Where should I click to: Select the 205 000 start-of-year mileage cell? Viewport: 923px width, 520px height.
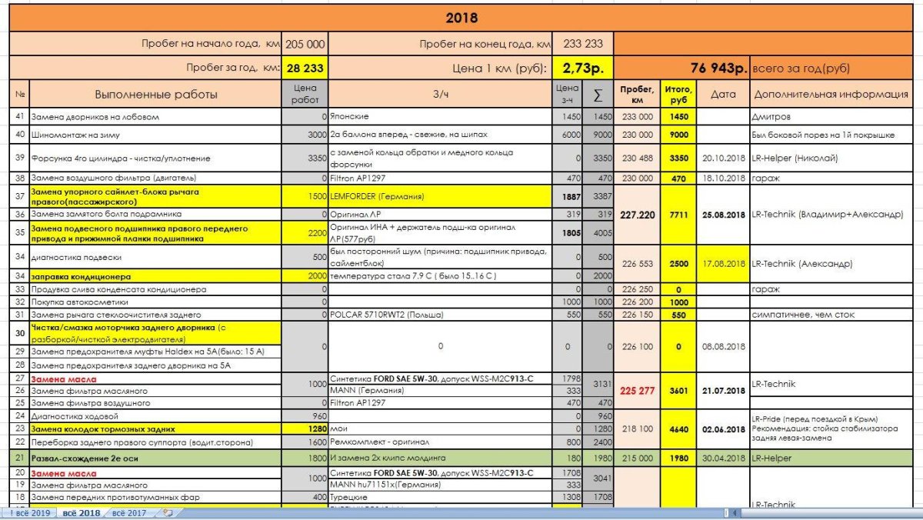pyautogui.click(x=305, y=45)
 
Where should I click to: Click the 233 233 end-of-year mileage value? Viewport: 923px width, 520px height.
pyautogui.click(x=583, y=45)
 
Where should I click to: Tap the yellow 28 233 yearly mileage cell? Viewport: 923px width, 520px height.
pyautogui.click(x=305, y=68)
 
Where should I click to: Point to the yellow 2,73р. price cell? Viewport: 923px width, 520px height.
pyautogui.click(x=582, y=68)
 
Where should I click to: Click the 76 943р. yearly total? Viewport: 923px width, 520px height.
pyautogui.click(x=718, y=68)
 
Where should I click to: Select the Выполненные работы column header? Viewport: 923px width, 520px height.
pyautogui.click(x=156, y=95)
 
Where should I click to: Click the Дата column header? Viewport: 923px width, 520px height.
pyautogui.click(x=723, y=95)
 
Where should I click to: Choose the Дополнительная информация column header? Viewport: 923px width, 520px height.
pyautogui.click(x=831, y=95)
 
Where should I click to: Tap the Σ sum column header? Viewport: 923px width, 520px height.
pyautogui.click(x=598, y=95)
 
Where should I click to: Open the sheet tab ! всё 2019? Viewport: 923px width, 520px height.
pyautogui.click(x=28, y=512)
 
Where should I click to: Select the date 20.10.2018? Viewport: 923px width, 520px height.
pyautogui.click(x=723, y=158)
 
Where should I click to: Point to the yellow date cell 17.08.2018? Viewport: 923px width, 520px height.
pyautogui.click(x=723, y=263)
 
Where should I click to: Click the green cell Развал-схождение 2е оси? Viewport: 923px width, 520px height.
pyautogui.click(x=156, y=458)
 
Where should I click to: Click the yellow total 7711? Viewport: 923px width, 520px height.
pyautogui.click(x=678, y=214)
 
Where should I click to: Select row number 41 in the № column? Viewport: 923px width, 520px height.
pyautogui.click(x=19, y=117)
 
